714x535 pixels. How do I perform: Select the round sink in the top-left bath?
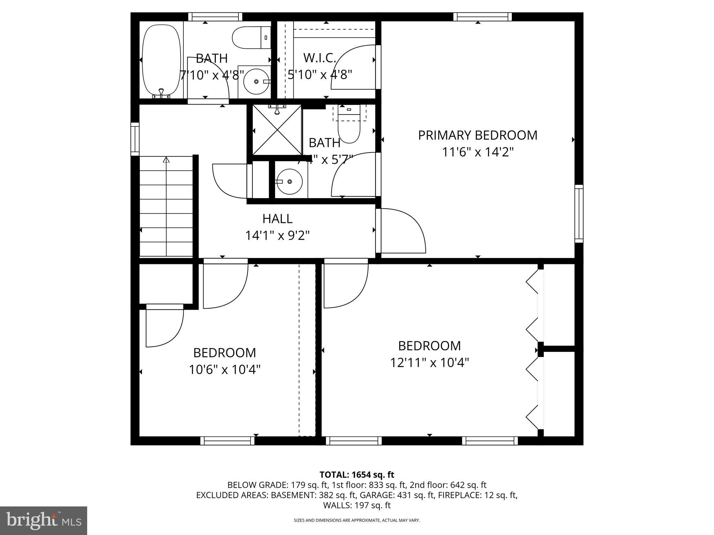click(256, 82)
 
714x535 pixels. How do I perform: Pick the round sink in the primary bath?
click(290, 181)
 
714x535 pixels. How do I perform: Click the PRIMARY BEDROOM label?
click(478, 135)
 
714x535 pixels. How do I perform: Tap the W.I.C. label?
click(319, 58)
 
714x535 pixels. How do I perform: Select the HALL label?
click(277, 219)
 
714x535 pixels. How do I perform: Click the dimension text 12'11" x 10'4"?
click(429, 363)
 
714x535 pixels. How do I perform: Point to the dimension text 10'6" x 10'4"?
click(225, 369)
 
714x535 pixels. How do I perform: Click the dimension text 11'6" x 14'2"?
click(478, 152)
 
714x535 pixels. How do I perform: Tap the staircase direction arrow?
click(166, 160)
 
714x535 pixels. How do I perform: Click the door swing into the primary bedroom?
click(404, 230)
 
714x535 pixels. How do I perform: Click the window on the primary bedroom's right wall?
click(579, 214)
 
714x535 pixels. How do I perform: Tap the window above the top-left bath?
click(215, 16)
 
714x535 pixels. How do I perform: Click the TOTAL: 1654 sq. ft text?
click(357, 474)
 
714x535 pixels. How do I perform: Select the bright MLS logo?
click(44, 520)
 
